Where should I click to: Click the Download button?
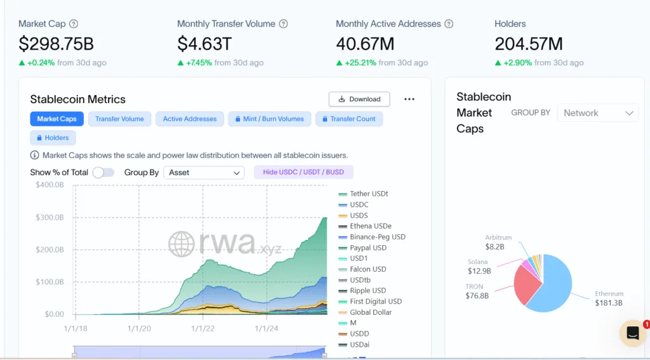(359, 99)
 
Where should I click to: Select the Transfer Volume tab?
(119, 119)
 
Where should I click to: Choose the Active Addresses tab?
(189, 119)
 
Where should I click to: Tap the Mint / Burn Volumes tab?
(269, 119)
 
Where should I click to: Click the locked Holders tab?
(53, 138)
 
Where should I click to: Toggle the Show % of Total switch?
(103, 173)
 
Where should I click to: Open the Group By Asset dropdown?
(204, 173)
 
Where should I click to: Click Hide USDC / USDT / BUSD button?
(303, 173)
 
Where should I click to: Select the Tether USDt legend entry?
(368, 194)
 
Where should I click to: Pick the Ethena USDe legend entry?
(370, 226)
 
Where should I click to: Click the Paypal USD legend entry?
(368, 248)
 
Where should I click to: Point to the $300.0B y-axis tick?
(50, 217)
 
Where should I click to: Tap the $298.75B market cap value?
(56, 44)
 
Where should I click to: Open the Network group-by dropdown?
(597, 113)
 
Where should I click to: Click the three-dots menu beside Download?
(409, 99)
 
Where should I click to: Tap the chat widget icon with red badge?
(632, 333)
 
